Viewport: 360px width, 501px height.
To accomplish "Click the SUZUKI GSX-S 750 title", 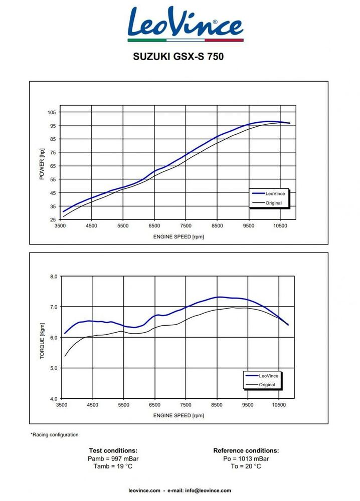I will (x=178, y=57).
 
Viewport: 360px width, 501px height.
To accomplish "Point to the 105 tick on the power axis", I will (x=52, y=112).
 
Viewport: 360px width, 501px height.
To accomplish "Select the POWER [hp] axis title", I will (x=42, y=164).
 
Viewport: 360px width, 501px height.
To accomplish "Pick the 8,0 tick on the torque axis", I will (x=53, y=276).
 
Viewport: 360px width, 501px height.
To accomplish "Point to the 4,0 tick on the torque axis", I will (x=53, y=399).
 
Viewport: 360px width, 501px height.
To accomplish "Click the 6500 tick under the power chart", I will (x=154, y=226).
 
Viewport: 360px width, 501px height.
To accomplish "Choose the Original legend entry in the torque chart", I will (x=267, y=385).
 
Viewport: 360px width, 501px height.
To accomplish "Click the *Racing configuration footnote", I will (x=55, y=434).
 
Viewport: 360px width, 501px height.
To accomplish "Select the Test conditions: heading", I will (x=113, y=451).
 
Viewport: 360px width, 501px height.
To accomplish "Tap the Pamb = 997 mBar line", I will (x=113, y=458).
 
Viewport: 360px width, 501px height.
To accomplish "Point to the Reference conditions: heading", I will (x=246, y=451).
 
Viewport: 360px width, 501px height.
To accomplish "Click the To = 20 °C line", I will (x=246, y=466).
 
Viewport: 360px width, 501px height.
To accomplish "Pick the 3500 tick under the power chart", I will (x=60, y=226).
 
